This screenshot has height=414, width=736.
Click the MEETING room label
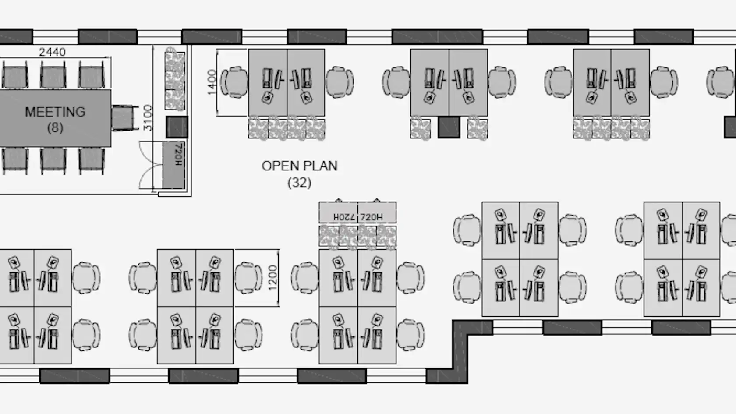click(x=55, y=112)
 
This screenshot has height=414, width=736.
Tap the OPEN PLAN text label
click(x=300, y=166)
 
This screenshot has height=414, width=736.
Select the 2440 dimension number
click(x=52, y=52)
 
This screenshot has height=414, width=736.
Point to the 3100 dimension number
click(x=148, y=117)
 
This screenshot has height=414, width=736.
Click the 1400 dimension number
click(x=212, y=82)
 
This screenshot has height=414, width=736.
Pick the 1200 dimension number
click(x=273, y=278)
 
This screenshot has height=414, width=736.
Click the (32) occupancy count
click(x=299, y=183)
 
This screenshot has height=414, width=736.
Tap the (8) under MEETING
click(x=55, y=127)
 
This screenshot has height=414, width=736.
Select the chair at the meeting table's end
click(x=124, y=117)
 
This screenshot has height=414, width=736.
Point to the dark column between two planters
click(x=449, y=127)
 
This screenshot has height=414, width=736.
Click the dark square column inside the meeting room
click(x=177, y=127)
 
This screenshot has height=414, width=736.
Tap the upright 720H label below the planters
click(x=372, y=217)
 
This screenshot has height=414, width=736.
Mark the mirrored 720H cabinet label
click(x=344, y=217)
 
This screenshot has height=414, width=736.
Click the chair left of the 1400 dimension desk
click(x=234, y=82)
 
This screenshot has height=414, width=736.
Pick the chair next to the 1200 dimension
click(x=248, y=278)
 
